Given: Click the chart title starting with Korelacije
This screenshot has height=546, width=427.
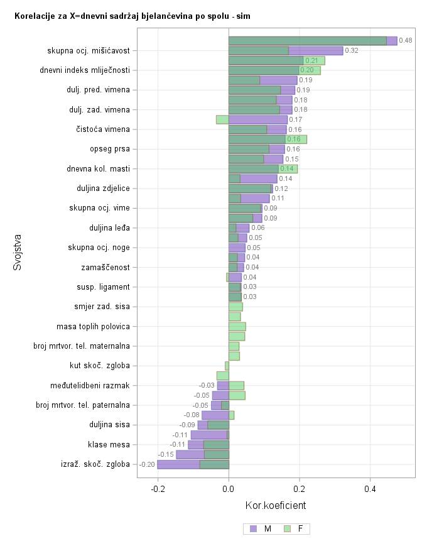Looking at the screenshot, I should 132,16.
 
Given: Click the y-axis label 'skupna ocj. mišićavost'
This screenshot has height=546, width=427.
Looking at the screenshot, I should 89,51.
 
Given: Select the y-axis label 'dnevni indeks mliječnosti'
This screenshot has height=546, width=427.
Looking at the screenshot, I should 85,70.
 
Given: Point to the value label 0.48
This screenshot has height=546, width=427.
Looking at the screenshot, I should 406,41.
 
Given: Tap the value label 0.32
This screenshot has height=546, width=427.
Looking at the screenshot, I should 352,51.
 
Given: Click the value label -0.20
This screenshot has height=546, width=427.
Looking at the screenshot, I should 147,465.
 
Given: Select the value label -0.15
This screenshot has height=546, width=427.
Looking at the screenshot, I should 166,455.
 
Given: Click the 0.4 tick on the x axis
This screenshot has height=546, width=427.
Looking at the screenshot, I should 370,489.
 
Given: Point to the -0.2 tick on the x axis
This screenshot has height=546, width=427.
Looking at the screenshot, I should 158,489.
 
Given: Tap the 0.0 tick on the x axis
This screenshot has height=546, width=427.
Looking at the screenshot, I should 229,489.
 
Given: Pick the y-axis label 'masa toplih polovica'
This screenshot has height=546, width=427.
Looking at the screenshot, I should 93,327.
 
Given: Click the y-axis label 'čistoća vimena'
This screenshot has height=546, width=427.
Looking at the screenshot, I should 103,129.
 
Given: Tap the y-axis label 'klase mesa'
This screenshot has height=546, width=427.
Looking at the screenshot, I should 109,445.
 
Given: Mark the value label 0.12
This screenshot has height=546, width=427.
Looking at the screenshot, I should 281,188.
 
